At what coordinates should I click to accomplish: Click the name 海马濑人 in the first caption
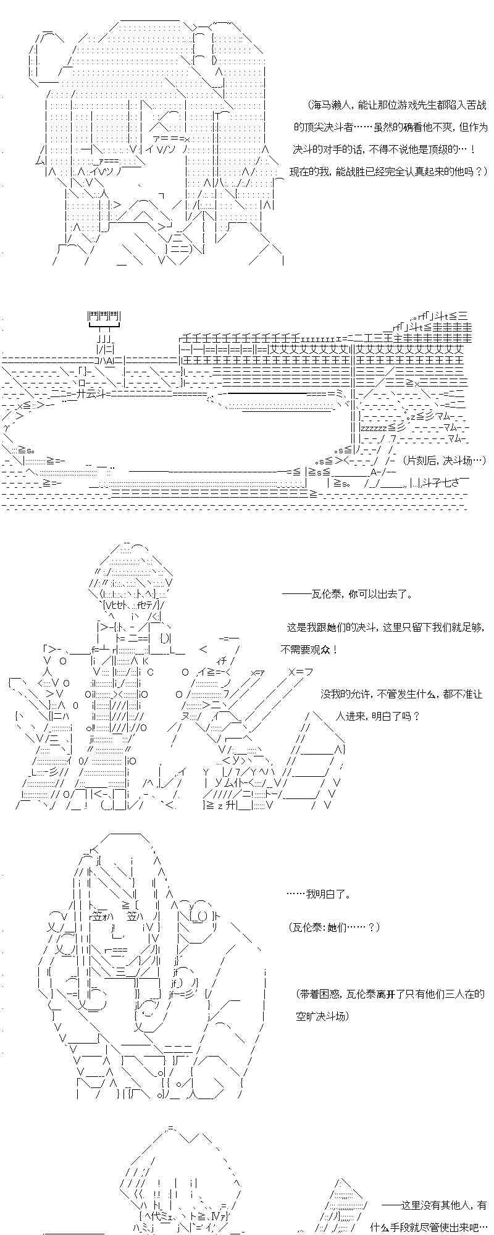pyautogui.click(x=325, y=106)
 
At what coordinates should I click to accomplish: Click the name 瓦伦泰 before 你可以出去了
pyautogui.click(x=324, y=595)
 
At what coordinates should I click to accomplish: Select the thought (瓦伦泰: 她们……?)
pyautogui.click(x=334, y=927)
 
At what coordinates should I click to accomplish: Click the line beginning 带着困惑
pyautogui.click(x=390, y=994)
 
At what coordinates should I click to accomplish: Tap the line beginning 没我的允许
pyautogui.click(x=401, y=694)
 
